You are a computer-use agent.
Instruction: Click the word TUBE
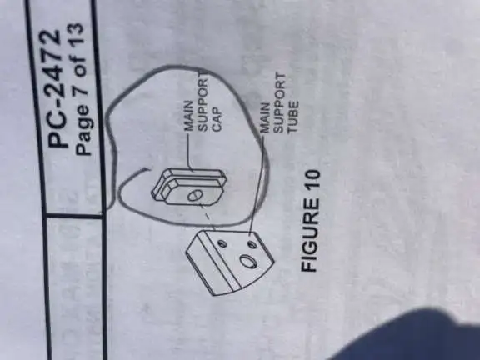(292, 117)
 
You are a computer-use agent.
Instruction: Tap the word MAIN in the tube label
(265, 117)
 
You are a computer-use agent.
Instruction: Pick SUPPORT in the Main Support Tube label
(279, 102)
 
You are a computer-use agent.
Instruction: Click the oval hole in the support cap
(194, 195)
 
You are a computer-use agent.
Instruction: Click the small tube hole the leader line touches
(252, 245)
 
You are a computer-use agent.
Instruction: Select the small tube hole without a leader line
(222, 244)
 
